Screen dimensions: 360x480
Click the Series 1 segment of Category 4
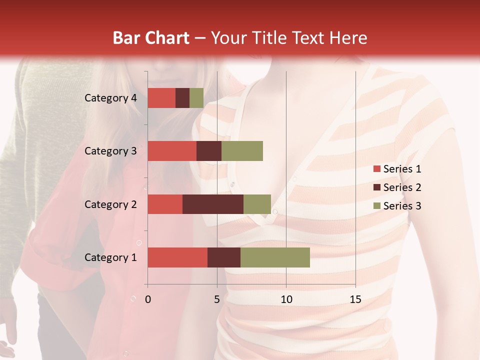click(161, 98)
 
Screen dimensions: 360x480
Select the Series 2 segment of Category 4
click(182, 98)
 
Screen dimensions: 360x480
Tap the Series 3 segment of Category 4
click(196, 98)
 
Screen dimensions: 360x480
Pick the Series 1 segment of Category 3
click(172, 151)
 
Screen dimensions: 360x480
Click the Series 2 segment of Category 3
click(209, 151)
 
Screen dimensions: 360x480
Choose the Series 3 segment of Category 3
click(242, 151)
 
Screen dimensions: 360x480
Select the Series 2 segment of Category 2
click(213, 204)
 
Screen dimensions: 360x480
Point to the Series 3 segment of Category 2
click(257, 204)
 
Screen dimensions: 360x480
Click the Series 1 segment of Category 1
click(177, 257)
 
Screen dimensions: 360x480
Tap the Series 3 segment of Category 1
click(275, 257)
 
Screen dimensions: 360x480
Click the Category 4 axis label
click(110, 98)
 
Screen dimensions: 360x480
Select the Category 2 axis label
click(110, 204)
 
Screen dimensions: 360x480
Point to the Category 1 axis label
click(110, 257)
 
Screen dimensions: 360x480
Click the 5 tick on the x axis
click(217, 299)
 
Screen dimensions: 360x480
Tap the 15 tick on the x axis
click(355, 299)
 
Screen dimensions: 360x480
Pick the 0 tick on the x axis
click(148, 299)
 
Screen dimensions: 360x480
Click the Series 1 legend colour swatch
click(376, 169)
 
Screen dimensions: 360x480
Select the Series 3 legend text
click(402, 206)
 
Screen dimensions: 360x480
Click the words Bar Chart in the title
click(151, 37)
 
